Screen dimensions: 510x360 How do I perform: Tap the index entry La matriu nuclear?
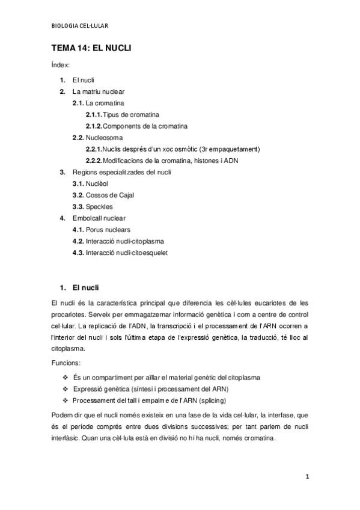tap(99, 91)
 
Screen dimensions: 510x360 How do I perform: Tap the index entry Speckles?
tap(99, 206)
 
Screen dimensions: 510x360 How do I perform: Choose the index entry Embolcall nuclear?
tap(99, 218)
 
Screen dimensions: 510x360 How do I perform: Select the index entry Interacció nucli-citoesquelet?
tap(126, 253)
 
